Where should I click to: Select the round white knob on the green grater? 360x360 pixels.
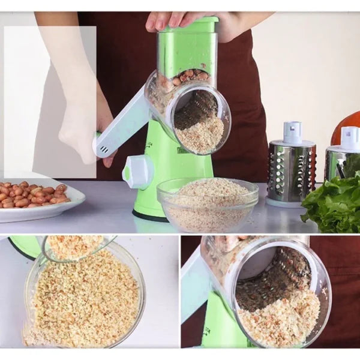137,172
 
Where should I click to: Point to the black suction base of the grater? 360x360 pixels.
149,215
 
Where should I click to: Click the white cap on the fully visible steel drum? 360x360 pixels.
292,133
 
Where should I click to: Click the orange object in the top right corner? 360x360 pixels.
347,123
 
